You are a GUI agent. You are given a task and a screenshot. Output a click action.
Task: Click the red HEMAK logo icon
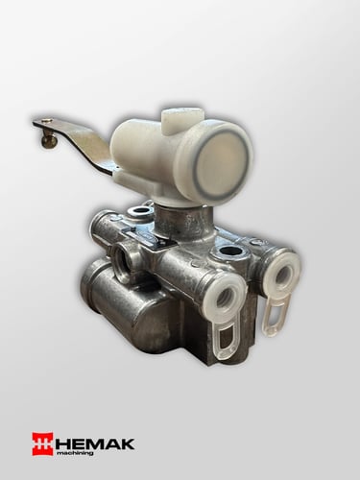click(42, 444)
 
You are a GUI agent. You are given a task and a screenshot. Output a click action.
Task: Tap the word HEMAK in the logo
click(94, 444)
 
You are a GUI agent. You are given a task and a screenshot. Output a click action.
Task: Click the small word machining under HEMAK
click(75, 453)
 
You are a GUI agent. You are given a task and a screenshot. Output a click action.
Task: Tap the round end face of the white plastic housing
click(221, 164)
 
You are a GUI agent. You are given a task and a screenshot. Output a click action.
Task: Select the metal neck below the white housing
click(184, 221)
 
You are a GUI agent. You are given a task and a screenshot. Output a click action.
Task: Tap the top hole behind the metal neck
click(140, 211)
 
